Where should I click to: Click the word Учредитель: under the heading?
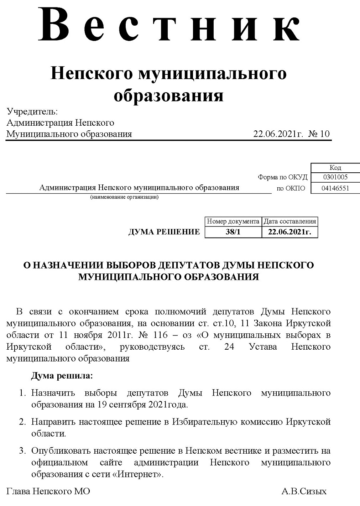(x=32, y=111)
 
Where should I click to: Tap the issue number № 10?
(x=319, y=134)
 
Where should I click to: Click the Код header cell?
(x=335, y=168)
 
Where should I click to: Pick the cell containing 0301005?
(x=335, y=177)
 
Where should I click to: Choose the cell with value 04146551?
(x=335, y=188)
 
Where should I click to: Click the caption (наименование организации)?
(x=124, y=197)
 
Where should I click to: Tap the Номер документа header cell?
(x=233, y=221)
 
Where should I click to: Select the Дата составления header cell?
(x=289, y=221)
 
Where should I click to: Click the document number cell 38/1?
(x=233, y=232)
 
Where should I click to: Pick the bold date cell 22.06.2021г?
(x=289, y=232)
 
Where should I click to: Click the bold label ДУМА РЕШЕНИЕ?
(x=164, y=232)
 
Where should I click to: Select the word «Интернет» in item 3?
(x=140, y=474)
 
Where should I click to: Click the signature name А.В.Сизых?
(x=304, y=491)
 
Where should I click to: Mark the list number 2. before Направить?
(x=22, y=422)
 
